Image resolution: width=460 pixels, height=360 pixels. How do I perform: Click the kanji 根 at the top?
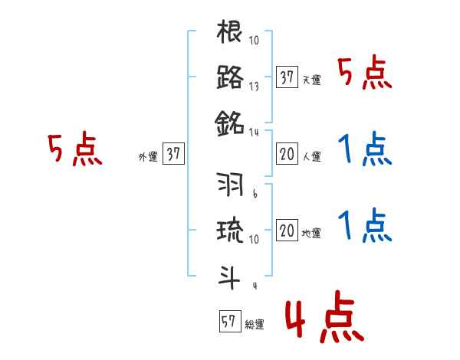pos(230,33)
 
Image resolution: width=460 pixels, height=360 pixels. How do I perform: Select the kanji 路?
pos(230,77)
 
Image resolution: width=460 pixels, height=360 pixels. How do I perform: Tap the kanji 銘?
pos(230,121)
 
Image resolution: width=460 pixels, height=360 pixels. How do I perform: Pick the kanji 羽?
pos(230,185)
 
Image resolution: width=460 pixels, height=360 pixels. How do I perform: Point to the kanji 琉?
pos(230,230)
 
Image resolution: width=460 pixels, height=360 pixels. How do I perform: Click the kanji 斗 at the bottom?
pos(230,273)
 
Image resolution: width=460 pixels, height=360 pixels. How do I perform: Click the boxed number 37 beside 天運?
pos(287,77)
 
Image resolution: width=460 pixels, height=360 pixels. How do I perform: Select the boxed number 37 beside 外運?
pos(173,154)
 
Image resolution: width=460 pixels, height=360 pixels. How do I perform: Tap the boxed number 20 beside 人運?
pos(287,155)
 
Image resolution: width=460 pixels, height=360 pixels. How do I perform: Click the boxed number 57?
pos(228,322)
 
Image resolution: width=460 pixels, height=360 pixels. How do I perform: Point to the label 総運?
pos(255,325)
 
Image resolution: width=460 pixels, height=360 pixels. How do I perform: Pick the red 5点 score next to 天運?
pos(364,74)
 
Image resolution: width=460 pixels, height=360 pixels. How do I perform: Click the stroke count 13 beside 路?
pos(254,86)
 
